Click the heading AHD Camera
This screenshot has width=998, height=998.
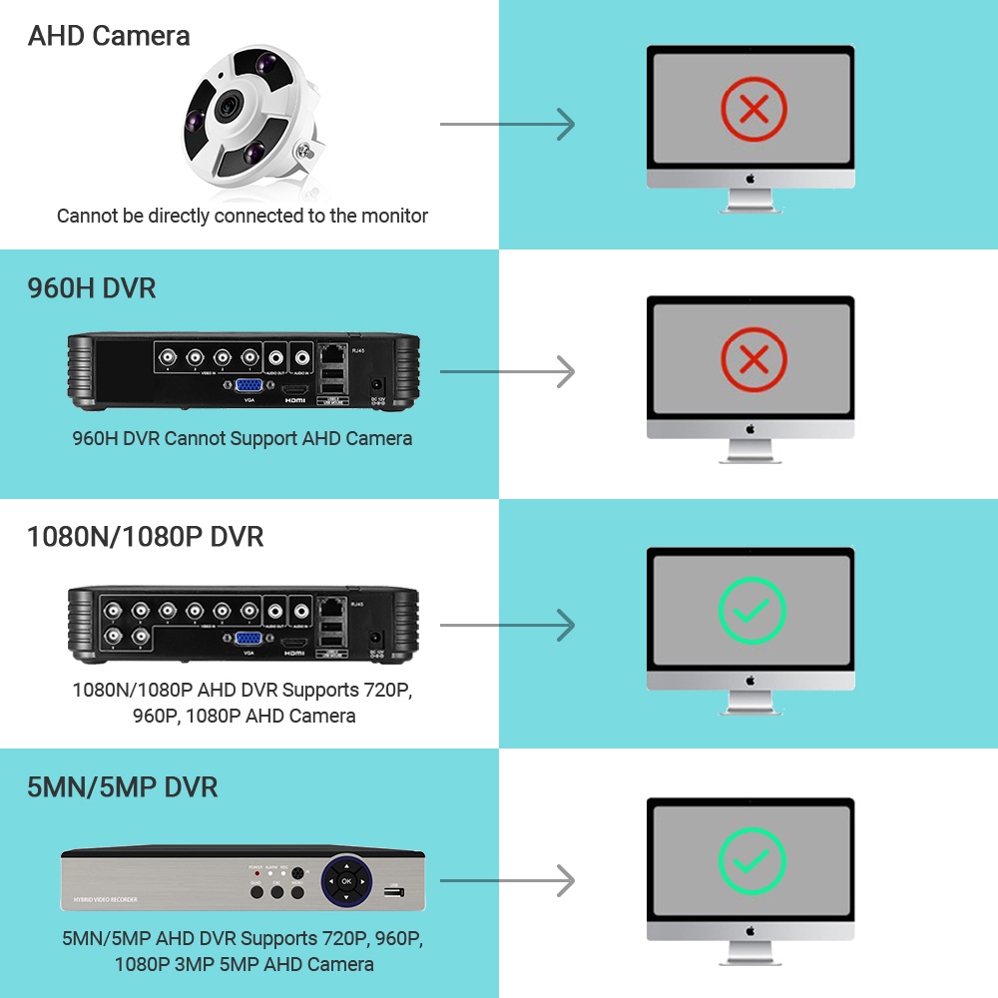pos(109,36)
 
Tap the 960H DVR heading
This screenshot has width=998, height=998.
pos(91,288)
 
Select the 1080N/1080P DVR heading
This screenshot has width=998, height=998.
pos(145,537)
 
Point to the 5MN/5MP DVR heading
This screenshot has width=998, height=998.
pos(122,786)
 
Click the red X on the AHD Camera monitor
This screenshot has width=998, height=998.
pos(753,108)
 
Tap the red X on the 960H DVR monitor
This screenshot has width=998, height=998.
pos(753,357)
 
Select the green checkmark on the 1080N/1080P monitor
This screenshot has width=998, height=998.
pos(752,609)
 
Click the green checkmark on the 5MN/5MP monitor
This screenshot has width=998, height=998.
pos(752,859)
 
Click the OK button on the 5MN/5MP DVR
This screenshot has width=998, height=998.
pos(346,881)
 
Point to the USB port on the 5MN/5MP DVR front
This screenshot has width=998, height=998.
pos(394,891)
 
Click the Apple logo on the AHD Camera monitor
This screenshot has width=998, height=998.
pos(750,178)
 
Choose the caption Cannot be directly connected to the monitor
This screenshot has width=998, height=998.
pos(243,216)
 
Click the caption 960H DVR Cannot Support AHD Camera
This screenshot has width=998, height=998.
pos(243,438)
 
